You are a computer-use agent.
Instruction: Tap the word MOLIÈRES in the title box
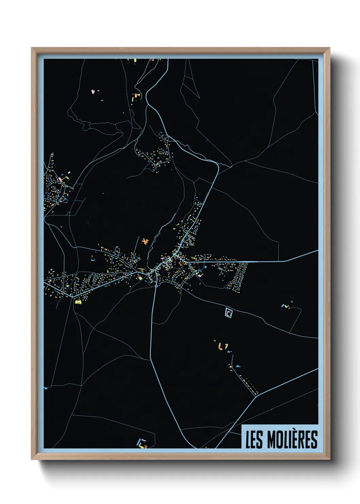(x=292, y=439)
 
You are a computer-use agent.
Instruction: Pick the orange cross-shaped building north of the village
(x=146, y=241)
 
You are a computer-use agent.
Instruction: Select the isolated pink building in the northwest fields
(x=93, y=92)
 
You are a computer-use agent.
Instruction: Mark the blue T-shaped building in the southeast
(x=238, y=366)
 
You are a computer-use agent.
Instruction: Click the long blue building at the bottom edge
(x=139, y=442)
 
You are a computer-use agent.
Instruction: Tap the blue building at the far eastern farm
(x=282, y=306)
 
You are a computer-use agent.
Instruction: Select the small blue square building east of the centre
(x=206, y=267)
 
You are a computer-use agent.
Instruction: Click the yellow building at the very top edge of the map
(x=135, y=61)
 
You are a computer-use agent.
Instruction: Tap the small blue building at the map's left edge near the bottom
(x=46, y=388)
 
